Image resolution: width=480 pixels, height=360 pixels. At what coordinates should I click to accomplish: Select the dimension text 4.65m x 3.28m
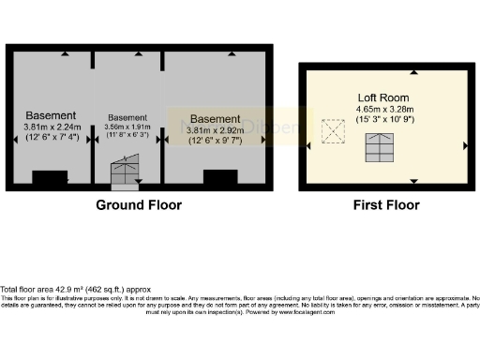click(x=387, y=109)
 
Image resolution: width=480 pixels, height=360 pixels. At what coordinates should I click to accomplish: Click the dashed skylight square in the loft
click(x=332, y=131)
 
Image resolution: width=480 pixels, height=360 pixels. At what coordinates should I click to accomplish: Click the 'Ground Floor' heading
click(x=139, y=204)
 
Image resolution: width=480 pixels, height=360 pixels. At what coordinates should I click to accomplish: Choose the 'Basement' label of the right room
click(x=215, y=119)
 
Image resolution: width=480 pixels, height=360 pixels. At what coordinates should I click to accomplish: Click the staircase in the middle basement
click(x=124, y=172)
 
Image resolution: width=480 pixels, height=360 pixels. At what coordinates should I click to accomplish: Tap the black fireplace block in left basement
click(x=51, y=176)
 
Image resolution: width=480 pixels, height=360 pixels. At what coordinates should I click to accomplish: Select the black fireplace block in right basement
click(x=220, y=176)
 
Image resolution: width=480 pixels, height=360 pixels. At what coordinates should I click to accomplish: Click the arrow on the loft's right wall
click(x=466, y=145)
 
